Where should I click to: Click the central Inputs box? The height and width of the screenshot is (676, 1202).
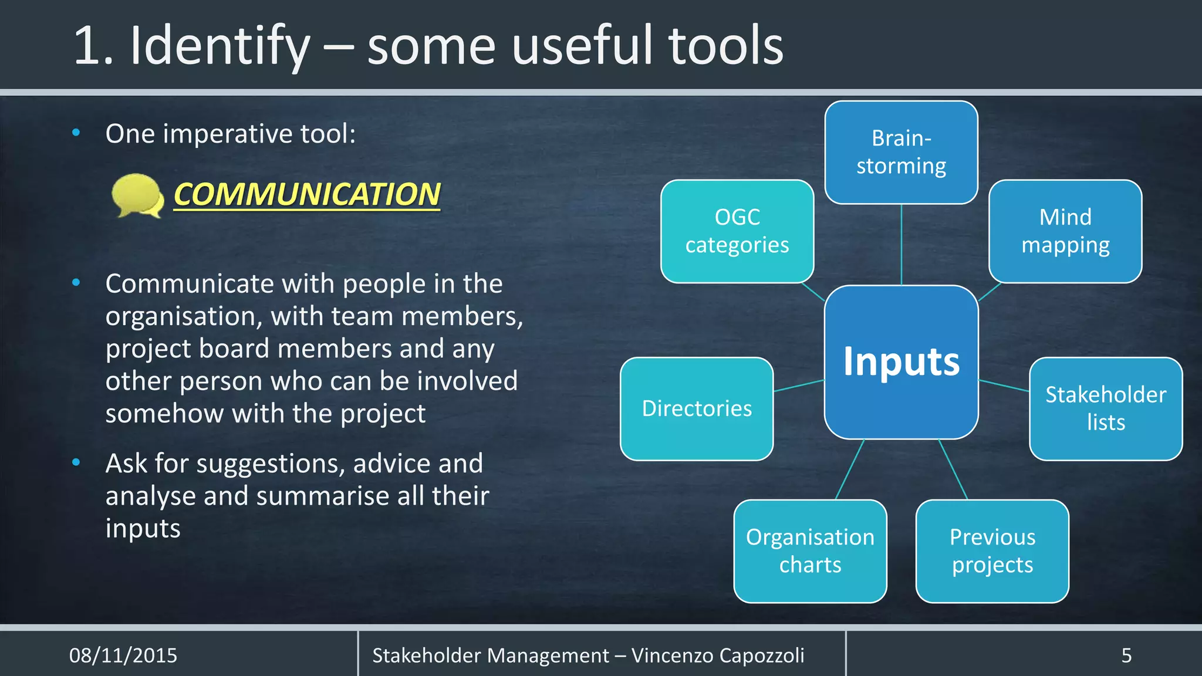[901, 362]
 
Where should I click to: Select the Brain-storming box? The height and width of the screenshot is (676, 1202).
[901, 153]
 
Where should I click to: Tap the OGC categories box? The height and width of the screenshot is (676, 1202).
[737, 231]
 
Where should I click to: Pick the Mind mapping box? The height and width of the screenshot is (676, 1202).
[1065, 231]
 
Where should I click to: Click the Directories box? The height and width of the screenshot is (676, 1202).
[697, 408]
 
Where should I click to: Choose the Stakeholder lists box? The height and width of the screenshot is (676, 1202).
[1106, 408]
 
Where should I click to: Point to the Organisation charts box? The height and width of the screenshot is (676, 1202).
[810, 551]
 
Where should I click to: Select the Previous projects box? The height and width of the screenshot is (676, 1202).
[992, 551]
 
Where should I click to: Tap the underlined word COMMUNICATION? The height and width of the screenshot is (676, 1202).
[307, 195]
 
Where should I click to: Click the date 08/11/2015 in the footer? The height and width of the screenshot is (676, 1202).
[123, 655]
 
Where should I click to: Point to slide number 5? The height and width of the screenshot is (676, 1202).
[1126, 655]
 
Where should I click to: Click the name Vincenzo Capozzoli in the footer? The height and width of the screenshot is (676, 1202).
[717, 655]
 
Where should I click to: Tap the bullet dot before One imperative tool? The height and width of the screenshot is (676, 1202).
[76, 133]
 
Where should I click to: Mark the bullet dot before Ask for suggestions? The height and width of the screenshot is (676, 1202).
[76, 462]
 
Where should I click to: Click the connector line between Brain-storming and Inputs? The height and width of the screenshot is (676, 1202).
[901, 245]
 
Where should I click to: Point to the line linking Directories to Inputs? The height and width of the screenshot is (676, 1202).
[799, 386]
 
